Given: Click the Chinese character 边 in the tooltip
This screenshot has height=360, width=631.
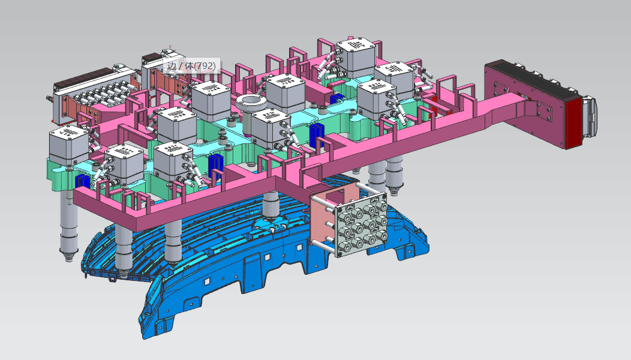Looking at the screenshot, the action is point(172,65).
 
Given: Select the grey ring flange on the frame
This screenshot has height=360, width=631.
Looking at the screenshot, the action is point(251,102).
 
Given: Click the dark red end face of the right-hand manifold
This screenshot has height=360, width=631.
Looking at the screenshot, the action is point(573,124).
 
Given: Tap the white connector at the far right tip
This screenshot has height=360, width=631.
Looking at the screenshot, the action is point(591,117).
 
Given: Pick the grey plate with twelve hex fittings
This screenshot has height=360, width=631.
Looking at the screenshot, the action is point(361,224).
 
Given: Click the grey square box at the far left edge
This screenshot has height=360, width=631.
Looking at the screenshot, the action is point(68,145).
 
